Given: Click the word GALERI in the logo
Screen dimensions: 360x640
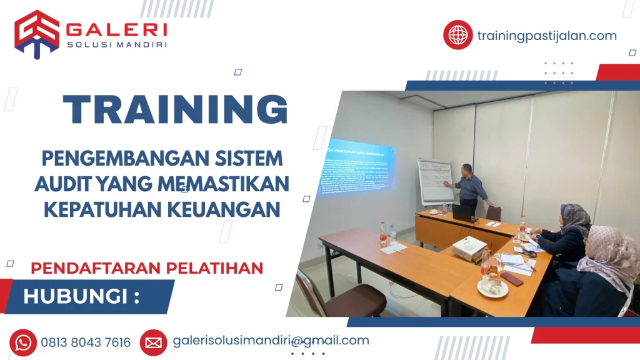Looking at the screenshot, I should click(x=116, y=29).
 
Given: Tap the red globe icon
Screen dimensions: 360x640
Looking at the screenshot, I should click(x=457, y=35).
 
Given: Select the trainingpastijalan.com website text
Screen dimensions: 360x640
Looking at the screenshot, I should click(x=546, y=36).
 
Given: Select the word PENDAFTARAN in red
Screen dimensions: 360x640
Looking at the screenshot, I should click(x=87, y=268).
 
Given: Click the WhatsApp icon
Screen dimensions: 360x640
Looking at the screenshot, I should click(x=23, y=342).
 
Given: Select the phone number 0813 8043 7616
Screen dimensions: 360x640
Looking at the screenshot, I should click(x=86, y=342).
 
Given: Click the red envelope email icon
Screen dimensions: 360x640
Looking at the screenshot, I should click(x=153, y=342).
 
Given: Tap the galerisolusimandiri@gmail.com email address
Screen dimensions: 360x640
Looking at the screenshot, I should click(x=271, y=341).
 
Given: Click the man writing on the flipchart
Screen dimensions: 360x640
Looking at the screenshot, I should click(x=468, y=188).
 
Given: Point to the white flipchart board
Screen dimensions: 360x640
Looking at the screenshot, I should click(x=435, y=181).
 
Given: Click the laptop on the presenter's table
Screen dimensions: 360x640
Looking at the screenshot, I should click(x=462, y=213).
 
